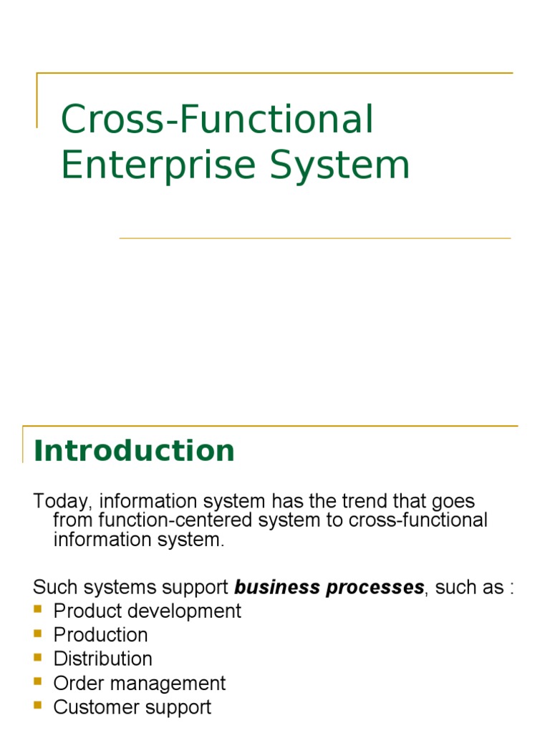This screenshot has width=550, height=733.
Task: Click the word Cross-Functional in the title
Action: [x=217, y=119]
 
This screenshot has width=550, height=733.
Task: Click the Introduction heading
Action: [x=134, y=451]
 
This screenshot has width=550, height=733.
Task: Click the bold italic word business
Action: [x=277, y=587]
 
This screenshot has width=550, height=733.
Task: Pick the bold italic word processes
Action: [x=375, y=588]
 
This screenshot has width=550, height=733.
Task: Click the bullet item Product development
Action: [x=148, y=611]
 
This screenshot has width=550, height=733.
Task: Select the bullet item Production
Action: [x=100, y=635]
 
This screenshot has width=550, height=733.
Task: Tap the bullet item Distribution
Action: [x=103, y=659]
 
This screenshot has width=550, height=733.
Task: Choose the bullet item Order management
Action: [x=140, y=684]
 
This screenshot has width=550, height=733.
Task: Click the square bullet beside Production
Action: [x=38, y=634]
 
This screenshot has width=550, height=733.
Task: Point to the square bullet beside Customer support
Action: [x=38, y=705]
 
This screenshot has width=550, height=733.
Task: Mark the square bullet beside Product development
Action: [x=38, y=609]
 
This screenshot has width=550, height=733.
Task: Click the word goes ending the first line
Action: [x=453, y=502]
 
